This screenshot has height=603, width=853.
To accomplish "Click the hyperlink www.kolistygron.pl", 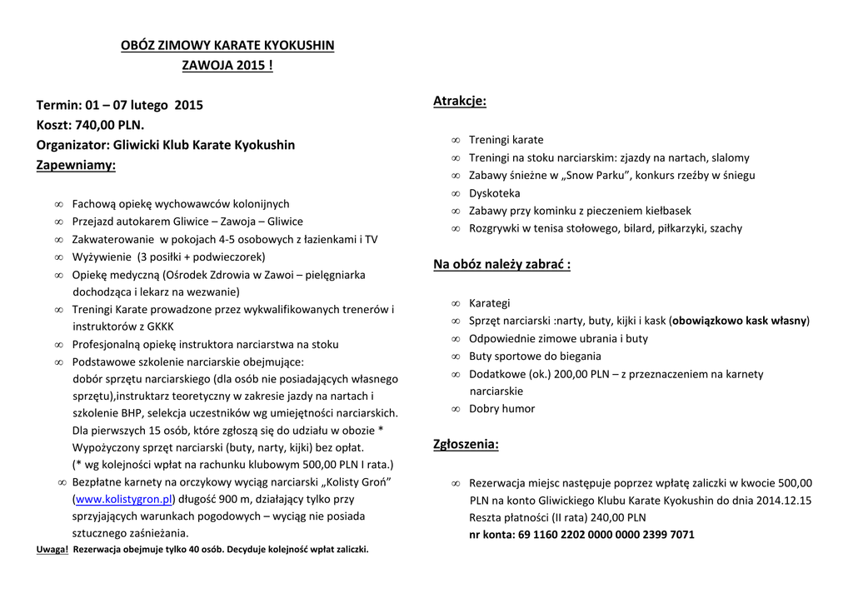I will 123,500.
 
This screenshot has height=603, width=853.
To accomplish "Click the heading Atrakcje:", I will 460,102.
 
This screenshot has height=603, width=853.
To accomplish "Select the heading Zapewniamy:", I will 76,165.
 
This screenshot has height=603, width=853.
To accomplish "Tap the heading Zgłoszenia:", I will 466,445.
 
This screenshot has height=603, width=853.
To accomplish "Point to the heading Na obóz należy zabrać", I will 501,265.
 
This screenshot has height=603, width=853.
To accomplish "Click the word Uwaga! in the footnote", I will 52,550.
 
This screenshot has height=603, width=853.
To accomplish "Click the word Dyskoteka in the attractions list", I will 494,193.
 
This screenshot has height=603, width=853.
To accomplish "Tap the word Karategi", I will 489,303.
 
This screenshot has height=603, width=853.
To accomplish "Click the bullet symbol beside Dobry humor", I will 456,410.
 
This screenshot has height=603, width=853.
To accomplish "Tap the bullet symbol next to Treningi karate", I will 456,141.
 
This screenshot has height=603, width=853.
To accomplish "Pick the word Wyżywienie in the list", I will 102,257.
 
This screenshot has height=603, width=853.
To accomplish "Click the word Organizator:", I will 73,145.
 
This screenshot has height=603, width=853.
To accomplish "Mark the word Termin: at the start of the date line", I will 58,105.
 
